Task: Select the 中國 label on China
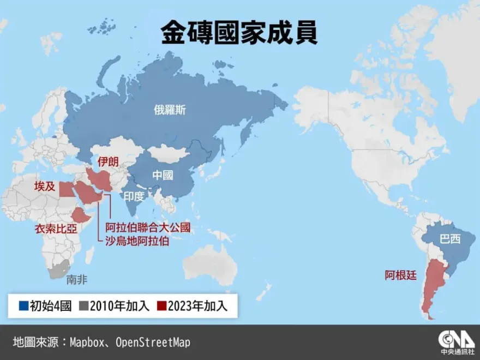163,175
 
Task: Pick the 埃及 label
45,187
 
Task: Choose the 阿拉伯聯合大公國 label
148,227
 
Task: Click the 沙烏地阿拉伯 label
137,241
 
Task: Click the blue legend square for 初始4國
23,306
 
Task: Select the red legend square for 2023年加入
162,306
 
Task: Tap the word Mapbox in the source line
88,343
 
